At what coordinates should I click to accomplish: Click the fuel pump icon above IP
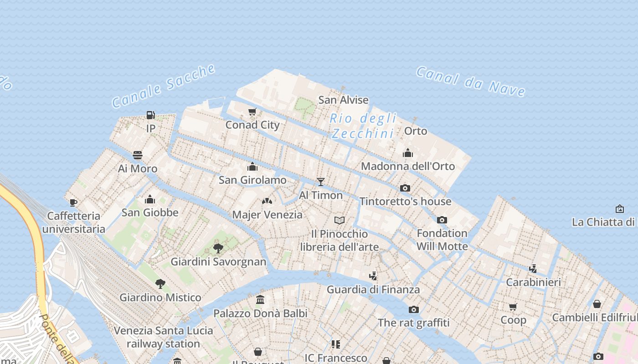150,115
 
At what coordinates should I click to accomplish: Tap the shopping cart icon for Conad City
252,111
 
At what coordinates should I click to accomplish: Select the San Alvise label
343,100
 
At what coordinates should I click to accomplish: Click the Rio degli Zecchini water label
363,126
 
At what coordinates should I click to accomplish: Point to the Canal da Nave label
471,81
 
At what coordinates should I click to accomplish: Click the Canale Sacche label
164,86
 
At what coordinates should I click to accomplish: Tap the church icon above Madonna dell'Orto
408,153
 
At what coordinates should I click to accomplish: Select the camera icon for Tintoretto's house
405,188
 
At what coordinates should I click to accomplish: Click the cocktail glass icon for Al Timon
321,182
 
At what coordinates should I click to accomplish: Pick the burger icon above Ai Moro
138,155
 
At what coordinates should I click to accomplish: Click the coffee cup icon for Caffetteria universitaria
73,202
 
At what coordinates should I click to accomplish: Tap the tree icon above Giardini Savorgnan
218,248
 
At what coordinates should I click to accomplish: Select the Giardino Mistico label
160,298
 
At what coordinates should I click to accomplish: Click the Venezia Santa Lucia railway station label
163,337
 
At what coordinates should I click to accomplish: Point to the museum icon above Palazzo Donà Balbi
260,300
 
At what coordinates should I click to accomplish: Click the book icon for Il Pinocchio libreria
340,220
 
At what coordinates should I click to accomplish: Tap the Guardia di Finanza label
373,289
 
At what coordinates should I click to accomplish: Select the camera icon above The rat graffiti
414,309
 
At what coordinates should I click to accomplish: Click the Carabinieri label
534,282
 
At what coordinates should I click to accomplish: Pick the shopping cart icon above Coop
513,307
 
